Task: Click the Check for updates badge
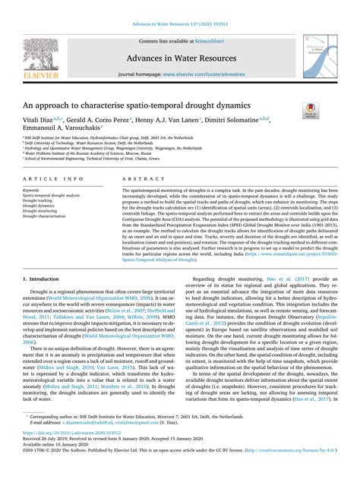(311, 111)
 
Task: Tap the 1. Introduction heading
(40, 279)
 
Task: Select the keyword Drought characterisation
(46, 216)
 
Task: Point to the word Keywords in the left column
(31, 190)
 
